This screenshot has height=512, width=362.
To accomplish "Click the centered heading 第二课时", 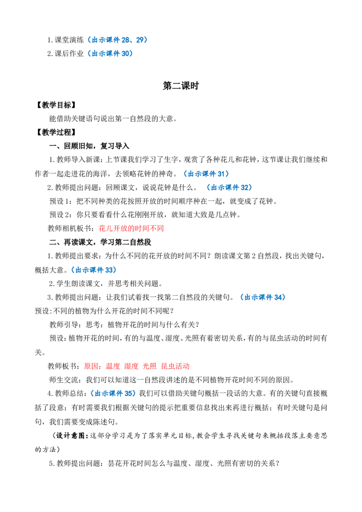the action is pos(181,86).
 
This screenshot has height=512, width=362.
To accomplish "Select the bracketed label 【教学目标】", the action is pos(56,105).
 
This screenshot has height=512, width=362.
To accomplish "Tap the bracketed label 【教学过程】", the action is pos(56,132).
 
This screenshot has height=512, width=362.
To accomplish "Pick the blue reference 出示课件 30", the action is pos(110,53).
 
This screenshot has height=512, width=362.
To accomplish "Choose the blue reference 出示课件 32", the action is pos(230,187).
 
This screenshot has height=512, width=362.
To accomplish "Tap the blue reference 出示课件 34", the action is pos(263,297).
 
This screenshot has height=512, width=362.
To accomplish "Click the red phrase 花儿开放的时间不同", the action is pos(131,228).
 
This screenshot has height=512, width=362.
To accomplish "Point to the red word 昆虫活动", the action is pos(176,366).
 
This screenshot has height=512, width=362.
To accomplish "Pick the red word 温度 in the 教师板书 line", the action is pos(113,366).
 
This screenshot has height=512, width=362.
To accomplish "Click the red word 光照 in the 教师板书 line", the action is pos(150,366).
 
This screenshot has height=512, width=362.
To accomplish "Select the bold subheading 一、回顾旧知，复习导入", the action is pos(89,146).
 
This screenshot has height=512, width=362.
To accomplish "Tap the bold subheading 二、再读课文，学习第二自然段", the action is pos(100,242).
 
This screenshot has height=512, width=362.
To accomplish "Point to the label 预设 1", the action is pos(60,201).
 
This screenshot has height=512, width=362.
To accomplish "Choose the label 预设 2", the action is pos(60,215).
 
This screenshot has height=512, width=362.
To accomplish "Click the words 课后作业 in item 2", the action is pos(69,53).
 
